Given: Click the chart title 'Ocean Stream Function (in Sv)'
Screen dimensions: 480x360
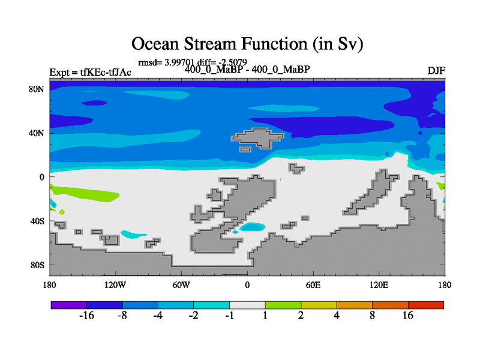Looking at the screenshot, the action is (x=247, y=43).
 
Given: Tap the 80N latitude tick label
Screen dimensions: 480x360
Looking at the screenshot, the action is (x=37, y=89).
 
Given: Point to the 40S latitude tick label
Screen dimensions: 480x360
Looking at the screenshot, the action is (x=37, y=221).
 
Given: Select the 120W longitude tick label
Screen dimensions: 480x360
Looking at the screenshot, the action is (x=115, y=285).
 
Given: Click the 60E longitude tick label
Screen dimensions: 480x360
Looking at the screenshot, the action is (x=313, y=285).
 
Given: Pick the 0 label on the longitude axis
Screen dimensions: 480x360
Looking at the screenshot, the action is (x=247, y=285).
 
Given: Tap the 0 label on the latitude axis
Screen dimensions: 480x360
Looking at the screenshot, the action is (x=41, y=177).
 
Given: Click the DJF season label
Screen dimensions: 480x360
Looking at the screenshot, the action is (x=436, y=71).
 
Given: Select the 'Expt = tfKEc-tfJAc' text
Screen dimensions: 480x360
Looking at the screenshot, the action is (x=91, y=72).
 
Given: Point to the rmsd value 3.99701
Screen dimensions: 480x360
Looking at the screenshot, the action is (x=179, y=62).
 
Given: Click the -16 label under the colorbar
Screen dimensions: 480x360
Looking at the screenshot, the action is (x=86, y=316).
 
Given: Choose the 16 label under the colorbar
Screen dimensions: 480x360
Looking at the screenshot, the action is (x=408, y=316).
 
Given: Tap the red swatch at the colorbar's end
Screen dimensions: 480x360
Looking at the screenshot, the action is (x=426, y=305).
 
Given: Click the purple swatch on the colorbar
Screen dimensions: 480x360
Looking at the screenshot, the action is (x=69, y=305).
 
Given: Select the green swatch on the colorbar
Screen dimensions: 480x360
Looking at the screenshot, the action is (x=283, y=305).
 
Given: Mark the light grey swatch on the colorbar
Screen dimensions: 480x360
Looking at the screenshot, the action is (x=247, y=305).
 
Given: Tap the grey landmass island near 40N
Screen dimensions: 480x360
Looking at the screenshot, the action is (x=258, y=139).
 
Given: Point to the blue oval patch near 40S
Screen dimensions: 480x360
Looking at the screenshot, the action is (x=252, y=227).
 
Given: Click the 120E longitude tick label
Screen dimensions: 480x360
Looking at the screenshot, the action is (x=379, y=285).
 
